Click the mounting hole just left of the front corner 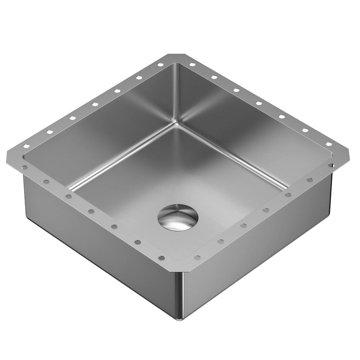[161, 258]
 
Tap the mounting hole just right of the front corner [197, 258]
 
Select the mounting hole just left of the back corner [159, 65]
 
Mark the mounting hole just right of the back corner [192, 65]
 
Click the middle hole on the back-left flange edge [95, 104]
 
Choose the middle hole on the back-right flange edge [259, 103]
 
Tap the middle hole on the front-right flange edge [266, 210]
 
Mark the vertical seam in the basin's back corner [177, 94]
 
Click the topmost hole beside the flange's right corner [329, 144]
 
